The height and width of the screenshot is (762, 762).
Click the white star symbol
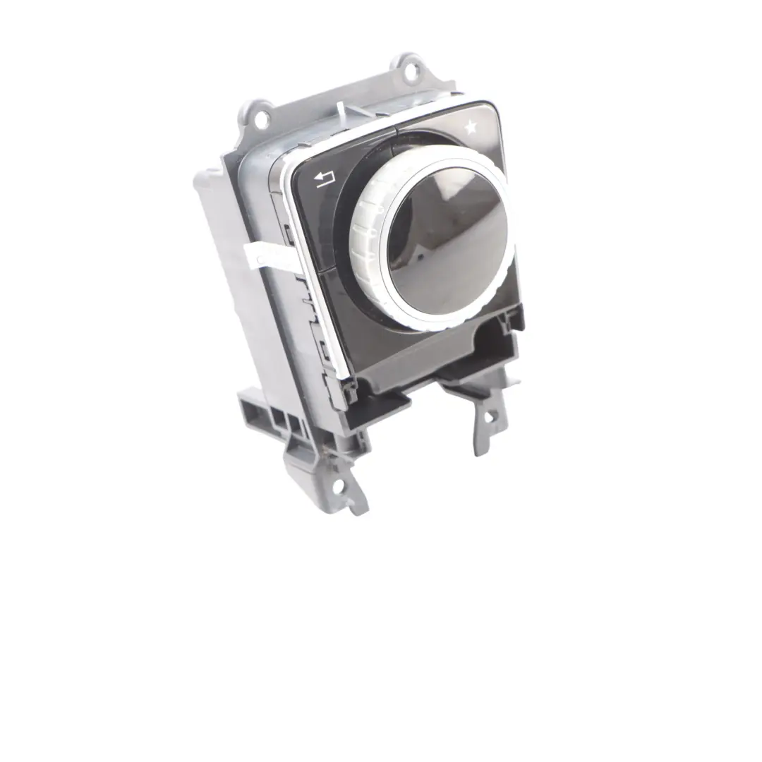click(x=471, y=128)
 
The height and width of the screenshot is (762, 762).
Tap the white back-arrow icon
click(x=325, y=181)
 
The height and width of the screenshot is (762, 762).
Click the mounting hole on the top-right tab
click(x=412, y=68)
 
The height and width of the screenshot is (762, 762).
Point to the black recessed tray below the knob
click(x=423, y=360)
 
